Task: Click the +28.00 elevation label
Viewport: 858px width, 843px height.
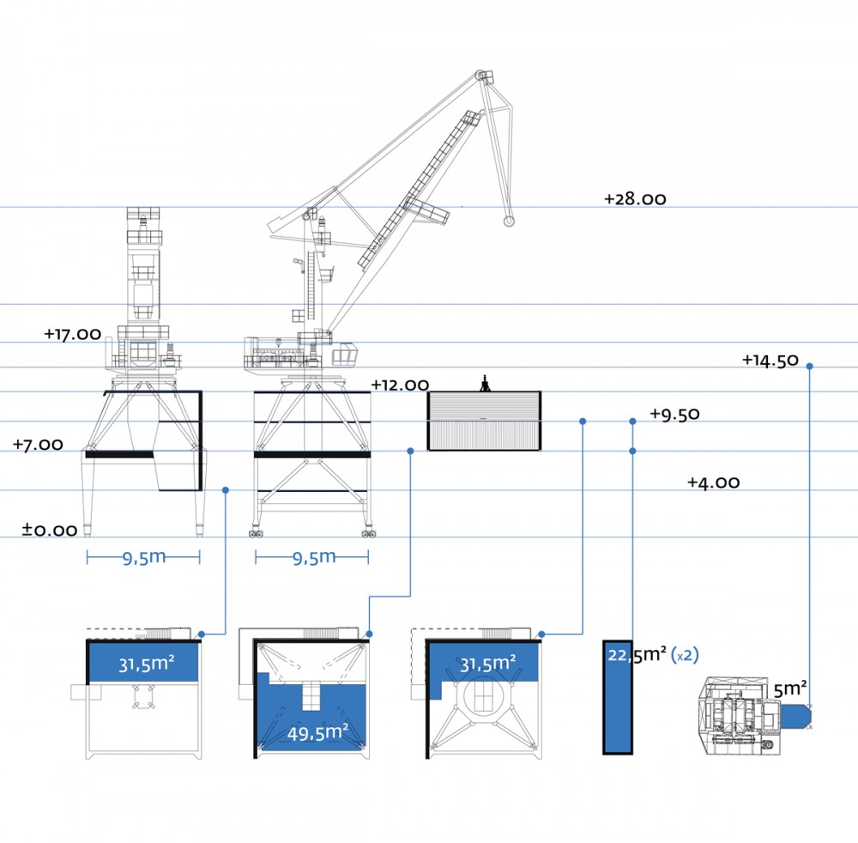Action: pos(635,198)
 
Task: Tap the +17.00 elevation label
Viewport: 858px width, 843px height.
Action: pos(73,334)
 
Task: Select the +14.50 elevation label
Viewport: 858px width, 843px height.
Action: pos(770,361)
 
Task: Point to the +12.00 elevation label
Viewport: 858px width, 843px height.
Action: pos(400,385)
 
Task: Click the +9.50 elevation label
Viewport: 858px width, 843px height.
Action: pos(674,414)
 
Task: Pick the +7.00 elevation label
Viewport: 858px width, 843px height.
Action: pos(38,444)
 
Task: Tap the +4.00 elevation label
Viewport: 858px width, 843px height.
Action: pos(714,482)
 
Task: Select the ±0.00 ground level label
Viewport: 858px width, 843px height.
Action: pos(49,530)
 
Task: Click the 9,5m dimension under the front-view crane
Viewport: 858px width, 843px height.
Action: pos(143,558)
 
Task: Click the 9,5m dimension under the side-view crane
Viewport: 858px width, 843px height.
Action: pos(313,558)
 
